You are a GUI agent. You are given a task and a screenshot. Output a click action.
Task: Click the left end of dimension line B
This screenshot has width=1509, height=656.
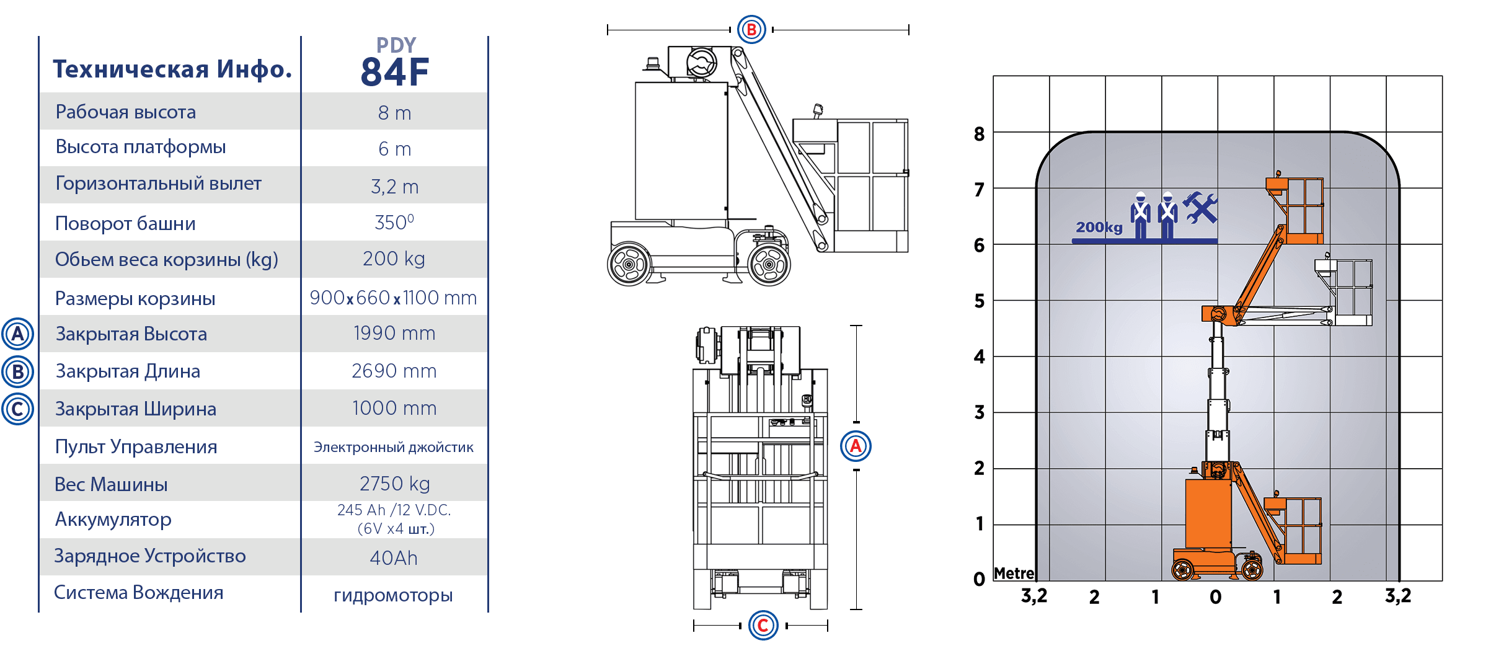pos(608,29)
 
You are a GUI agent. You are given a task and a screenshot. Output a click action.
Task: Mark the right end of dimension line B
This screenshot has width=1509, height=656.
pos(908,29)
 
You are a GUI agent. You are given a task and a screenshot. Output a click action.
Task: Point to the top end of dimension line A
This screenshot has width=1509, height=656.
pos(856,326)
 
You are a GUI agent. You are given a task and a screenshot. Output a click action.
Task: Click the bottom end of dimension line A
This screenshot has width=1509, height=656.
pos(856,609)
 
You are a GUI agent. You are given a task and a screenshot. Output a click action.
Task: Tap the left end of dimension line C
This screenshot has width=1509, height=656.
pos(694,626)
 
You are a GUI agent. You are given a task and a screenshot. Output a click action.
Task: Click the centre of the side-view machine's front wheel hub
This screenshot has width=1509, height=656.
pos(769,265)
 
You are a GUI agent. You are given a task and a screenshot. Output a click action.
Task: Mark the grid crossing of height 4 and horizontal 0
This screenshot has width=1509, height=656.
pos(1218,357)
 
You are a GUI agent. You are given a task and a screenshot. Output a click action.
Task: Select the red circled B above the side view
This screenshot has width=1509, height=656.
pos(751,29)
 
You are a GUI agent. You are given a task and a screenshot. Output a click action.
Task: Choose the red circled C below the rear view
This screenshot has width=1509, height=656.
pos(763,625)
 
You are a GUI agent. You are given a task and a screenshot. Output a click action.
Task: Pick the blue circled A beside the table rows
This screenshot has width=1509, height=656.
pos(18,334)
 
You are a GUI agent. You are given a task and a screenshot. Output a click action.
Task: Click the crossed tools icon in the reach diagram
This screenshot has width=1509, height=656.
pos(1200,208)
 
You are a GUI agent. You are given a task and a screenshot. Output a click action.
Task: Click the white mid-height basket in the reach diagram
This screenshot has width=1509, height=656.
pos(1343,291)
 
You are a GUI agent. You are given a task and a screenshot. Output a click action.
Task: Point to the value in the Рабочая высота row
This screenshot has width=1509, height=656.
pos(394,113)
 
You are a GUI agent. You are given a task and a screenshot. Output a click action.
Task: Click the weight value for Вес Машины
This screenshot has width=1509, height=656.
pos(394,484)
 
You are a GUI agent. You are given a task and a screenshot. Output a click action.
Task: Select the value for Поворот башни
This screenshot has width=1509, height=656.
pos(394,222)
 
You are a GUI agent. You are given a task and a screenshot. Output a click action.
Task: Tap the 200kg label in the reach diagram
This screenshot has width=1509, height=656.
pos(1099,228)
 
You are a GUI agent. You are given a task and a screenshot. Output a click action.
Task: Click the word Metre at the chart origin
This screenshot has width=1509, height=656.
pos(1014,574)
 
